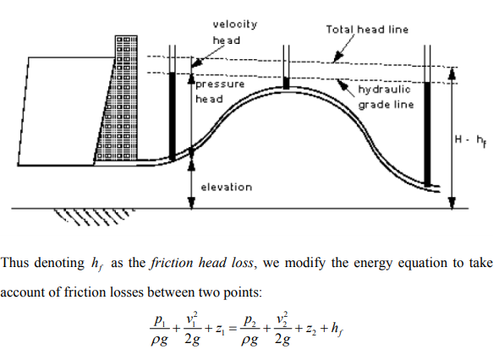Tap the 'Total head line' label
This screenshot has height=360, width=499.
tap(367, 30)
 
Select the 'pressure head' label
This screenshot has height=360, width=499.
tap(220, 91)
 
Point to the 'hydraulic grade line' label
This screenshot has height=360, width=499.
tap(386, 97)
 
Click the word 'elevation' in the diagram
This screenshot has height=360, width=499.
tap(227, 187)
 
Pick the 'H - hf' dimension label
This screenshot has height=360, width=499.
tap(470, 140)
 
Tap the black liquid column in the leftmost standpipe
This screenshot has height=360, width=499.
tap(173, 116)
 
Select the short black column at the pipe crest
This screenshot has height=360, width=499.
tap(286, 84)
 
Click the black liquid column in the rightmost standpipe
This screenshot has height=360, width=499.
tap(427, 134)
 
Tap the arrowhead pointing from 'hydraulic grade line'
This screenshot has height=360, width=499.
tap(342, 84)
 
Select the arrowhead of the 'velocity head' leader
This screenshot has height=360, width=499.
tap(198, 63)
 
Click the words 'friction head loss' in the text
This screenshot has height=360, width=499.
tap(202, 263)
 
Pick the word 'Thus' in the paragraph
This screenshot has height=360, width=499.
tap(14, 263)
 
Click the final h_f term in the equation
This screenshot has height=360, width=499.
tap(337, 329)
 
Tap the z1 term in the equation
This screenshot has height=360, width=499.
tap(220, 329)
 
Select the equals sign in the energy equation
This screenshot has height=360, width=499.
tap(233, 329)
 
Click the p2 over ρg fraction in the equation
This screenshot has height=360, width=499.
tap(250, 330)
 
